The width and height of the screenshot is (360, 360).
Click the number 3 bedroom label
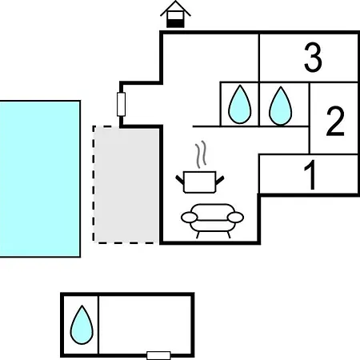coord(313,58)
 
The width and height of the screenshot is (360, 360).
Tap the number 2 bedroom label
coord(335,122)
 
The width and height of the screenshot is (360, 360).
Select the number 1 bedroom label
coord(310,174)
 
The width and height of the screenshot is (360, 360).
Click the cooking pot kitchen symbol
coord(200,182)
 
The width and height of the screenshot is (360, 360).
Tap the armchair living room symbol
coord(212,221)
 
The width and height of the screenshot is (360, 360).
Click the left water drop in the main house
coord(240,105)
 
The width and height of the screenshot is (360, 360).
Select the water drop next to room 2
coord(281,106)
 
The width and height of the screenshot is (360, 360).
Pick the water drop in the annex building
coord(82,325)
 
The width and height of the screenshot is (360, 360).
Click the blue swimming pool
coord(40,179)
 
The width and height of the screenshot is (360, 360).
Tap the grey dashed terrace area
coord(126,185)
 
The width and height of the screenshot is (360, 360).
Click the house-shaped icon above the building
coord(175,14)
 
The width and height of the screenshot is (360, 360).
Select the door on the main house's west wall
coord(121,104)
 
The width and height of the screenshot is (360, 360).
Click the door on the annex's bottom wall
coord(158,355)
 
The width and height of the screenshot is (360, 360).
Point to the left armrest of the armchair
coord(189,217)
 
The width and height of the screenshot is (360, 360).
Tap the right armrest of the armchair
coord(236,217)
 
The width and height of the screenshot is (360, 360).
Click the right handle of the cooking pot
coord(220,180)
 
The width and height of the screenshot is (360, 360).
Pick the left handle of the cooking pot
coord(180,180)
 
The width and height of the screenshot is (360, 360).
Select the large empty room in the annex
coord(145,325)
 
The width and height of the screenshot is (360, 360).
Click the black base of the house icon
coord(175,23)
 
